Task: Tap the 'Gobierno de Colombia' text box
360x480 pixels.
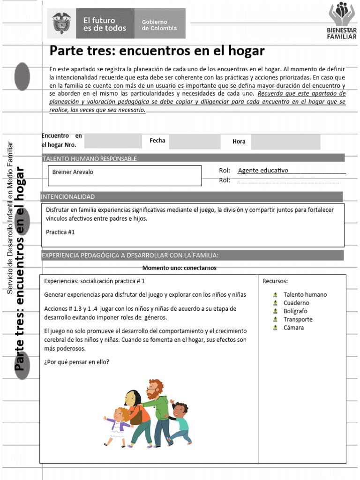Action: coord(159,24)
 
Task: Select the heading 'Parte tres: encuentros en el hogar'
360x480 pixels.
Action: coord(157,50)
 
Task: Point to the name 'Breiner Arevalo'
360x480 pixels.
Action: coord(73,172)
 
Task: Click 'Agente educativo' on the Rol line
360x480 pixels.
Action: coord(263,171)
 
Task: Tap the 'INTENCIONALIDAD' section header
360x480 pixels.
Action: coord(68,196)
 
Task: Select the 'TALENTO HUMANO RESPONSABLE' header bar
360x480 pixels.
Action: coord(90,158)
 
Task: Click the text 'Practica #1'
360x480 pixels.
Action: coord(60,232)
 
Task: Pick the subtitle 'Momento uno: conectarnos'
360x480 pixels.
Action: coord(179,268)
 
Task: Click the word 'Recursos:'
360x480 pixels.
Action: coord(275,281)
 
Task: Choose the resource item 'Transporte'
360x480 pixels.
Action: coord(298,319)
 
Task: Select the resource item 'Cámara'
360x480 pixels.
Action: coord(293,328)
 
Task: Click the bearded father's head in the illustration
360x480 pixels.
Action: coord(154,389)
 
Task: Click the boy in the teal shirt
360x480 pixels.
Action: coord(180,422)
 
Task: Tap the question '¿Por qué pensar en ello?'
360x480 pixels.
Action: coord(76,362)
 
